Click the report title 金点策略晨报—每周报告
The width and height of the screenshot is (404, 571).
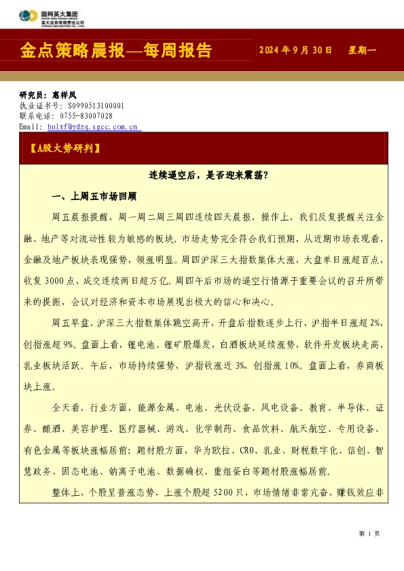(116, 51)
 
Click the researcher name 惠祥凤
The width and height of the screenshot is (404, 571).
(64, 96)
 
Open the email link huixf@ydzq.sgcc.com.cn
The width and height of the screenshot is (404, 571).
(92, 126)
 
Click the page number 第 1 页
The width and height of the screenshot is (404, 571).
(369, 534)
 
